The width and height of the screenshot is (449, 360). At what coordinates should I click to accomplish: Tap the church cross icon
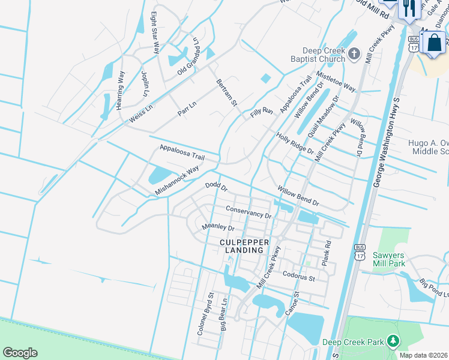(354, 55)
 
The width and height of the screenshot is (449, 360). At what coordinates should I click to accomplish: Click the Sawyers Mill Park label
(388, 259)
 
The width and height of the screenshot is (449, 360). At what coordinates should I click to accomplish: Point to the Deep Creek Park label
(353, 343)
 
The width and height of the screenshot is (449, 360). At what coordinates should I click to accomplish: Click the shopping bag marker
(433, 44)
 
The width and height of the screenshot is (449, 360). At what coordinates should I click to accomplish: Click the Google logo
(20, 353)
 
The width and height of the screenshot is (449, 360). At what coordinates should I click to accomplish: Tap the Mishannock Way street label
(177, 180)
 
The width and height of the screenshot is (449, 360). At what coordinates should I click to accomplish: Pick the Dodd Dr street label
(216, 187)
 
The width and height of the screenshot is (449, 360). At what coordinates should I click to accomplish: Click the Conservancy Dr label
(249, 211)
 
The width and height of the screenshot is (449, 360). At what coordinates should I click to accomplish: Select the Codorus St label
(300, 278)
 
